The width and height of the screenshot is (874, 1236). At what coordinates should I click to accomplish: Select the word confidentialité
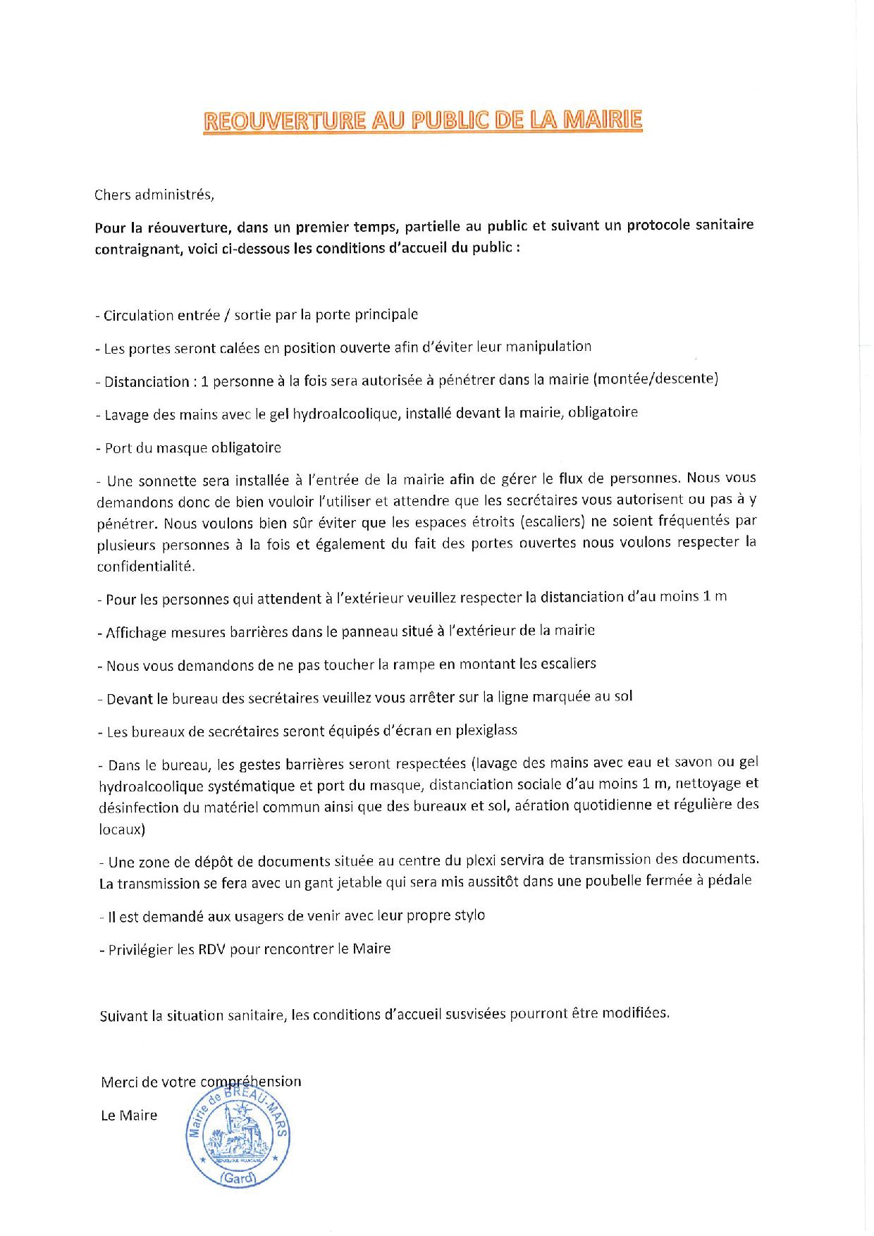pyautogui.click(x=145, y=567)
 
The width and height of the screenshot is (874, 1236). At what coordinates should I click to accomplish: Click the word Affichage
pyautogui.click(x=135, y=631)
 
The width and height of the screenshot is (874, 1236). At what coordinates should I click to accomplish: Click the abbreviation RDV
pyautogui.click(x=211, y=948)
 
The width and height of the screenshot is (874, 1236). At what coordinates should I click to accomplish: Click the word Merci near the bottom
pyautogui.click(x=119, y=1081)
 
